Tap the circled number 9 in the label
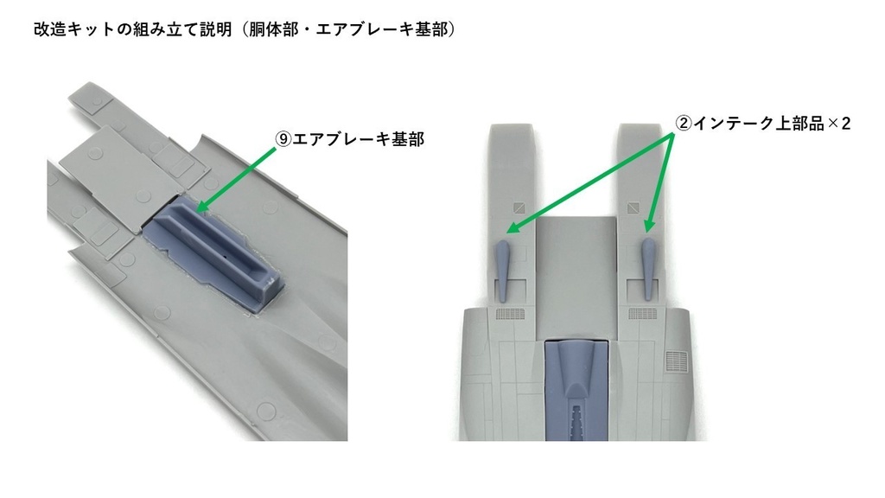pos(283,139)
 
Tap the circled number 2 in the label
pos(683,124)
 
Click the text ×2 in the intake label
pos(838,124)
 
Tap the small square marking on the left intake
pos(518,207)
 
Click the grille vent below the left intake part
pos(512,315)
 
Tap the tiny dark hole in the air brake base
pos(225,256)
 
